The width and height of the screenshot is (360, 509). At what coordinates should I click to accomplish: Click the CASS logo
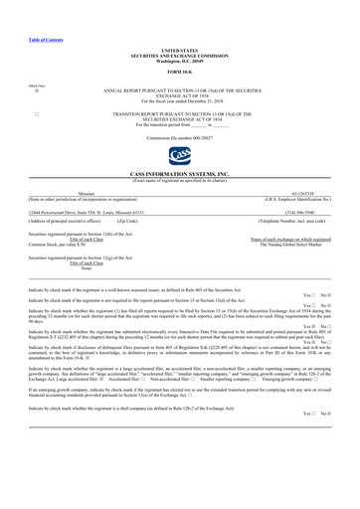180,157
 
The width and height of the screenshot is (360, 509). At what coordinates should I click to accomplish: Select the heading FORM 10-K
180,75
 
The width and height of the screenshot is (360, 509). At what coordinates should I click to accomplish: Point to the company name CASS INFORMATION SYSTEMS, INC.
180,173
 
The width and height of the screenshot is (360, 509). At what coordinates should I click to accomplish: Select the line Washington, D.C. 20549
180,63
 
